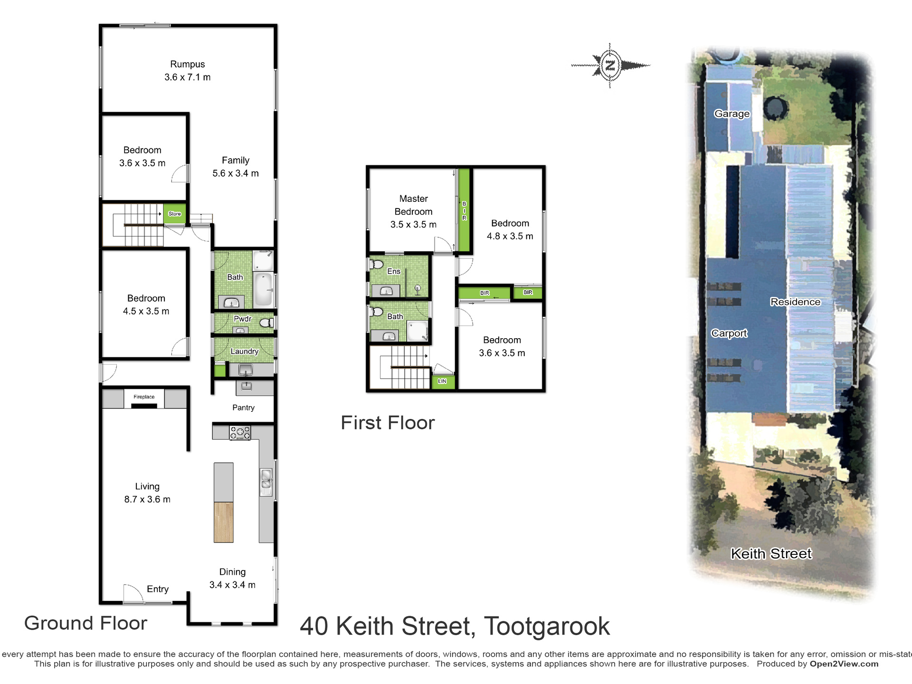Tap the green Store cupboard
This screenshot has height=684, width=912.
[175, 214]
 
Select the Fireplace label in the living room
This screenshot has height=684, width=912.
[144, 397]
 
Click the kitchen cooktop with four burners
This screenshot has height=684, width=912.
[240, 433]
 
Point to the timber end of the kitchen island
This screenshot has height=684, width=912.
[223, 522]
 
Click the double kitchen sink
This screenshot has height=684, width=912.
[266, 482]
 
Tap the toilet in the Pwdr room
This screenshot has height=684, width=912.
[267, 323]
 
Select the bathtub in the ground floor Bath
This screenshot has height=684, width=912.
[263, 289]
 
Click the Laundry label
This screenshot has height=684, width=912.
[245, 351]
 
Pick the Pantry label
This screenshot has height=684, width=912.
[243, 408]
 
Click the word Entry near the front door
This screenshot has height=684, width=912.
[158, 589]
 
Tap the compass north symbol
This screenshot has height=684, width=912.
[610, 65]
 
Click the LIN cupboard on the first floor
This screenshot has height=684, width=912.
[442, 381]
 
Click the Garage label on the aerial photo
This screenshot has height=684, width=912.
[732, 114]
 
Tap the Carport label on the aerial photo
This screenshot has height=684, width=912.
[729, 333]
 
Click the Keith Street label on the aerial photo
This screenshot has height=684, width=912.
[771, 553]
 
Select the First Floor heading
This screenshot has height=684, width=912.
[388, 423]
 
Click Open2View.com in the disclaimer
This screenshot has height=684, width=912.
[844, 664]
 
